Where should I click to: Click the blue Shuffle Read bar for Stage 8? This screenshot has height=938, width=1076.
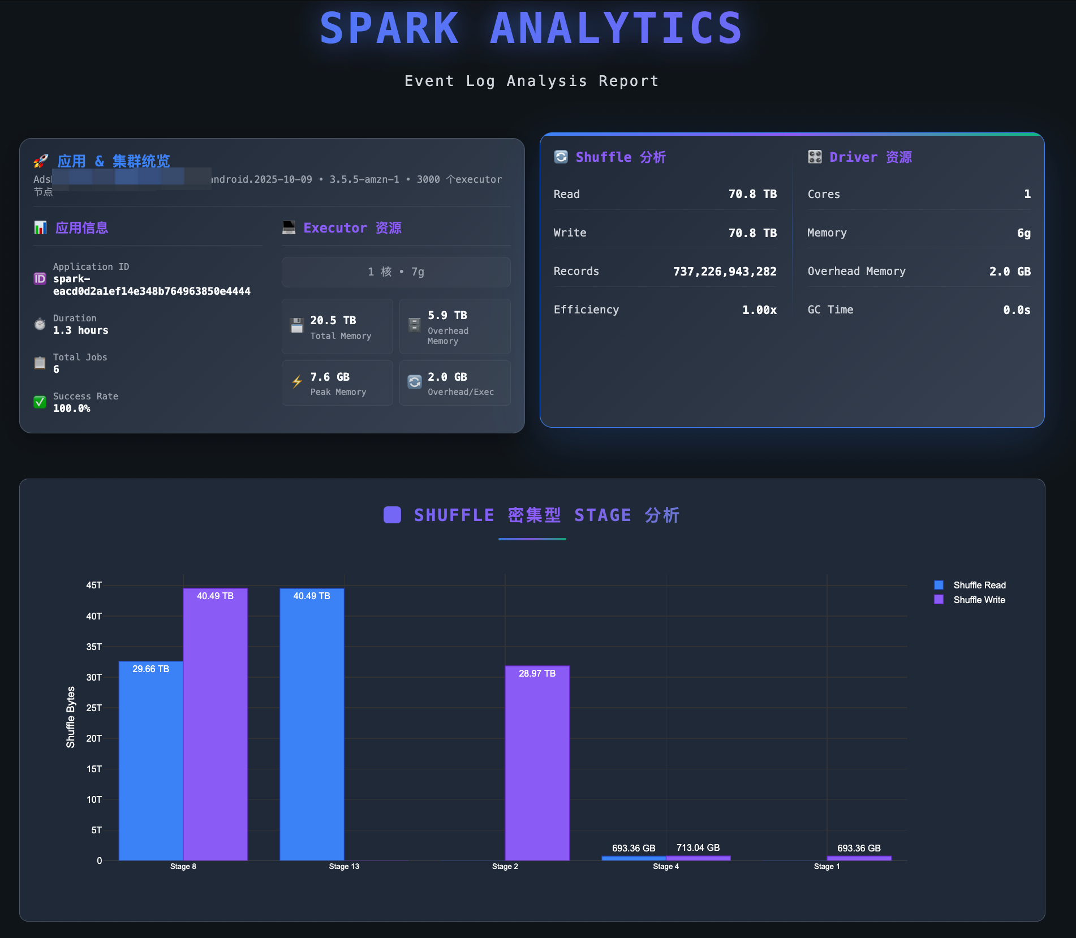coord(150,760)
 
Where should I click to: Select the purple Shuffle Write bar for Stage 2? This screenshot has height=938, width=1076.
coord(537,763)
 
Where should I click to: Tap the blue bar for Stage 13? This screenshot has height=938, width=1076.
coord(312,724)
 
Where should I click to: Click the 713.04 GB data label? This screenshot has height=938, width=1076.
coord(698,847)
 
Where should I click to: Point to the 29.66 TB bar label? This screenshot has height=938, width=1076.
coord(150,669)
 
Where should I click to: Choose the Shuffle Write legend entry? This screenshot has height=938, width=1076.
coord(979,600)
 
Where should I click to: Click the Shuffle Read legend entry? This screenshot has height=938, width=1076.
coord(979,585)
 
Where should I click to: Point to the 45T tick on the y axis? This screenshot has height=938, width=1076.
coord(94,585)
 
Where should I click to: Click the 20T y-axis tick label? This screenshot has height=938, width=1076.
coord(94,738)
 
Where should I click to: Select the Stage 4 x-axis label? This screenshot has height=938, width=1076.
coord(666,866)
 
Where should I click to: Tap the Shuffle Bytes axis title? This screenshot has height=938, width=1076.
coord(71,717)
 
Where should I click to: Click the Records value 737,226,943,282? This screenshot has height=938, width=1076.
coord(725,272)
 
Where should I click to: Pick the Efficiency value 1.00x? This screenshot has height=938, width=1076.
coord(759,310)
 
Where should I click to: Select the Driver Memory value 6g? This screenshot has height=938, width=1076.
coord(1023,233)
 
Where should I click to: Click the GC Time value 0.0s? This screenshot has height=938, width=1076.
coord(1017,310)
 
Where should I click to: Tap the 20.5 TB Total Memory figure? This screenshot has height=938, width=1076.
coord(333,320)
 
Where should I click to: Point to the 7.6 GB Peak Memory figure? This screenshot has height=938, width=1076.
coord(330,377)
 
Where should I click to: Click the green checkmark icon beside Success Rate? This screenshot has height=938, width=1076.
coord(40,402)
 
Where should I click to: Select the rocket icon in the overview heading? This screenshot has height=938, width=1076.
coord(41,161)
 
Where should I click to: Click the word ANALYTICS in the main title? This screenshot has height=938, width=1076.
coord(616,28)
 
